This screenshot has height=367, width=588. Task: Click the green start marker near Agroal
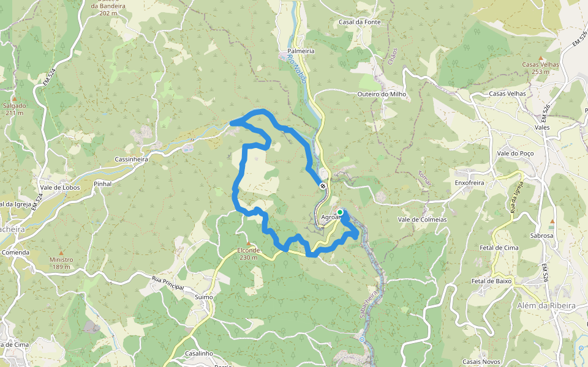click(x=340, y=212)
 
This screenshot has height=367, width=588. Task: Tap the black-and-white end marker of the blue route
click(x=323, y=185)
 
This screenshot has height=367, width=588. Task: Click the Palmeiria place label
click(x=301, y=51)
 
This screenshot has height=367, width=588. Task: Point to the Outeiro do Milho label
click(x=382, y=94)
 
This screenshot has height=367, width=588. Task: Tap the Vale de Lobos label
click(x=59, y=187)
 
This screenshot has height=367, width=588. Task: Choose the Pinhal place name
click(x=103, y=183)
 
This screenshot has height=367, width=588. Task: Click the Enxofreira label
click(x=470, y=183)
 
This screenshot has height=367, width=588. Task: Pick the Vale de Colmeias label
click(x=422, y=220)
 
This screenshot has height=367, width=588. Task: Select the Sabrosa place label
click(x=541, y=235)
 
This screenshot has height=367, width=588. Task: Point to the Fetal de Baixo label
click(x=491, y=281)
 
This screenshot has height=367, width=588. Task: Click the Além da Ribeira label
click(x=546, y=305)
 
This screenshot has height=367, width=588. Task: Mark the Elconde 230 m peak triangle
click(x=248, y=243)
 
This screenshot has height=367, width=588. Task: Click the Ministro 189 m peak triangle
click(x=61, y=252)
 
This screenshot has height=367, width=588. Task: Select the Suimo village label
click(x=203, y=297)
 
